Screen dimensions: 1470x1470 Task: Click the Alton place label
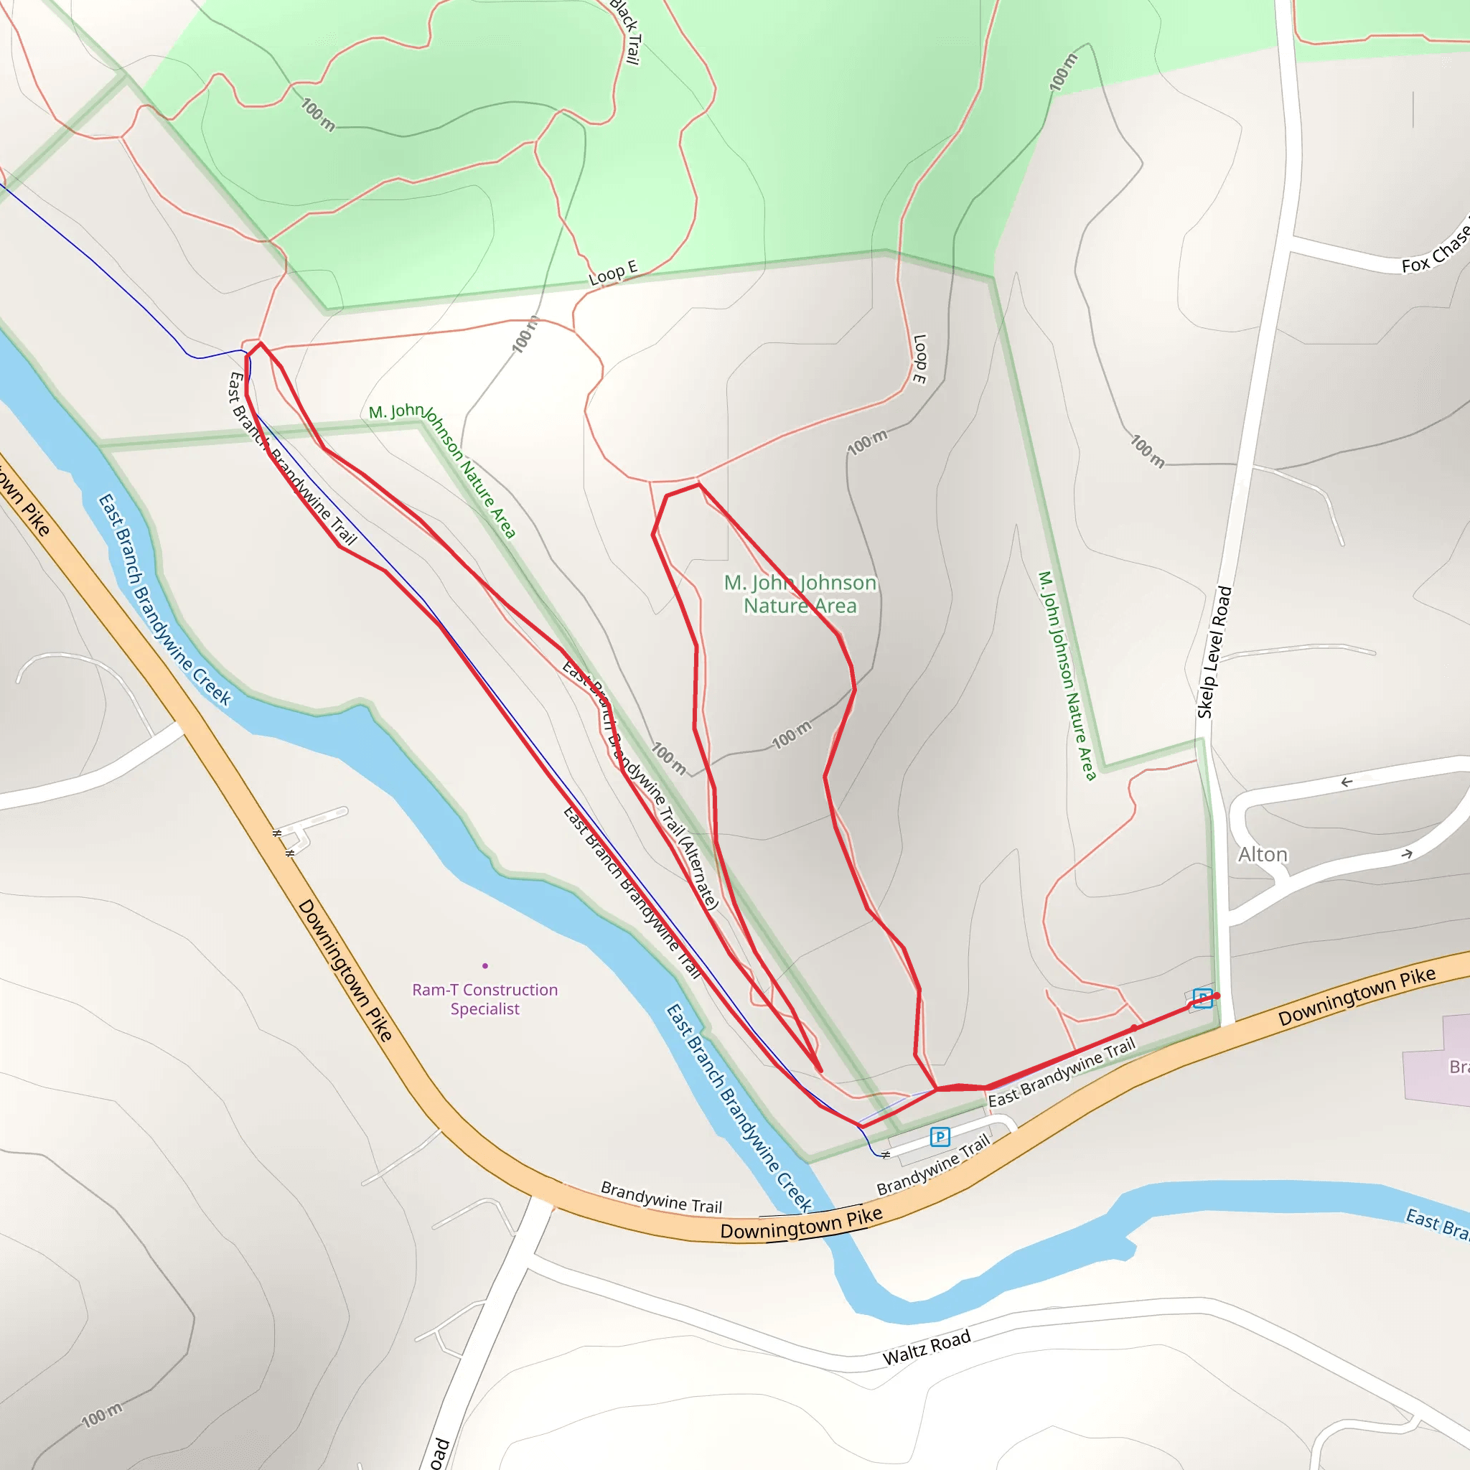pyautogui.click(x=1263, y=854)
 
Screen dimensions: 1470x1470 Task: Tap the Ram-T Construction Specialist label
pyautogui.click(x=484, y=999)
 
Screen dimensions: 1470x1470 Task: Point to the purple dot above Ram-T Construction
pyautogui.click(x=484, y=965)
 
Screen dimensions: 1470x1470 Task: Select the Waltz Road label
pyautogui.click(x=926, y=1347)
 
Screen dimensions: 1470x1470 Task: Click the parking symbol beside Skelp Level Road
pyautogui.click(x=1202, y=998)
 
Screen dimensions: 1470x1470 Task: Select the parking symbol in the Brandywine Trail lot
pyautogui.click(x=940, y=1138)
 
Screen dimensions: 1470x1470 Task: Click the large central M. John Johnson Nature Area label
pyautogui.click(x=800, y=594)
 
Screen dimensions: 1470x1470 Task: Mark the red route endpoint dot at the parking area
pyautogui.click(x=1217, y=996)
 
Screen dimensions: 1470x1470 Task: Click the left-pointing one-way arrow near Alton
pyautogui.click(x=1346, y=782)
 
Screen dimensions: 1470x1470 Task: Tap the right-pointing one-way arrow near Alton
pyautogui.click(x=1407, y=854)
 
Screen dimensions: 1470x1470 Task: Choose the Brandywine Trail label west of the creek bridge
pyautogui.click(x=660, y=1197)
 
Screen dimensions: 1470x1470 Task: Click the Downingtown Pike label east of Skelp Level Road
pyautogui.click(x=1357, y=996)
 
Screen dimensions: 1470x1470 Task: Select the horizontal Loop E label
pyautogui.click(x=612, y=272)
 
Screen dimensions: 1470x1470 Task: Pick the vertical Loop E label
pyautogui.click(x=919, y=358)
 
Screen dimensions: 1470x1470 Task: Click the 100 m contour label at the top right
pyautogui.click(x=1063, y=72)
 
